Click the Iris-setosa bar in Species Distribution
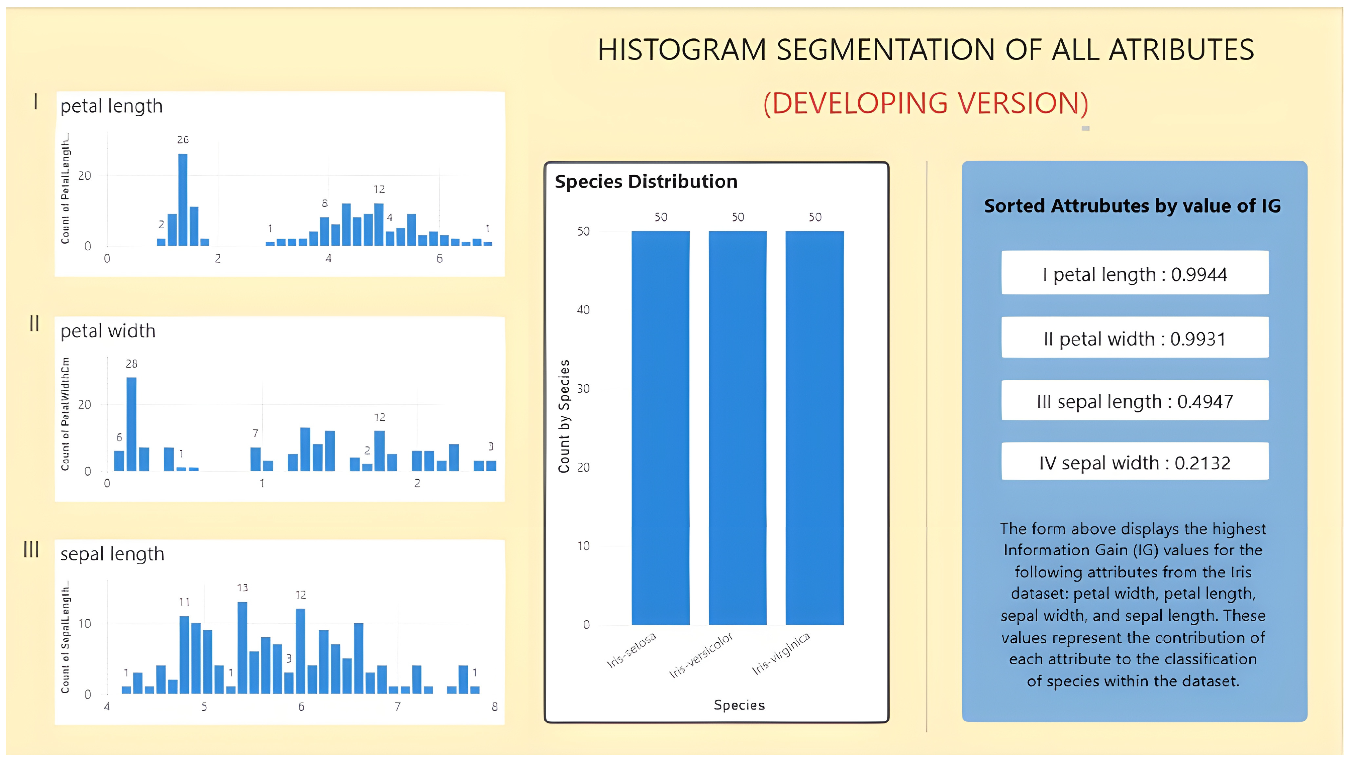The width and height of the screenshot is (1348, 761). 660,428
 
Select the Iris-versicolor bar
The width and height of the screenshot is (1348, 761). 737,428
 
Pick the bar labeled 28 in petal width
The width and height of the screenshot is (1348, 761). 131,424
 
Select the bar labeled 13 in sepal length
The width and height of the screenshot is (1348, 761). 242,647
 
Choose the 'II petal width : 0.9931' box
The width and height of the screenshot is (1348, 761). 1135,337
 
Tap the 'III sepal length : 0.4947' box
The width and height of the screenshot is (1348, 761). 1135,400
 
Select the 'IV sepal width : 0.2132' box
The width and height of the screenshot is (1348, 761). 1135,461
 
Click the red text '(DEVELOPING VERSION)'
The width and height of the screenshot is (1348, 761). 926,103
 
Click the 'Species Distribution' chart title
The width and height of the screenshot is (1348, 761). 646,181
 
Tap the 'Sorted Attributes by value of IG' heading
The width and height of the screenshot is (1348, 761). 1132,206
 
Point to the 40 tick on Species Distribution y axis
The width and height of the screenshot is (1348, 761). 583,309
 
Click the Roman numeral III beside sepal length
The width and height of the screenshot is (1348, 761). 31,549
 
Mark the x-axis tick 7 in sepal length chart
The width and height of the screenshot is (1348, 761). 398,707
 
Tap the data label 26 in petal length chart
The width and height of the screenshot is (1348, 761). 183,140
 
